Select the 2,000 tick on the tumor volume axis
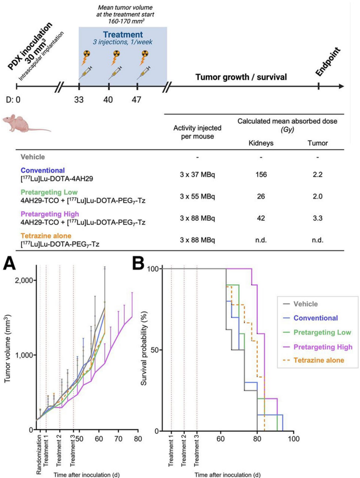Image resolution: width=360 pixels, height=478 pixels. tap(23, 281)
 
